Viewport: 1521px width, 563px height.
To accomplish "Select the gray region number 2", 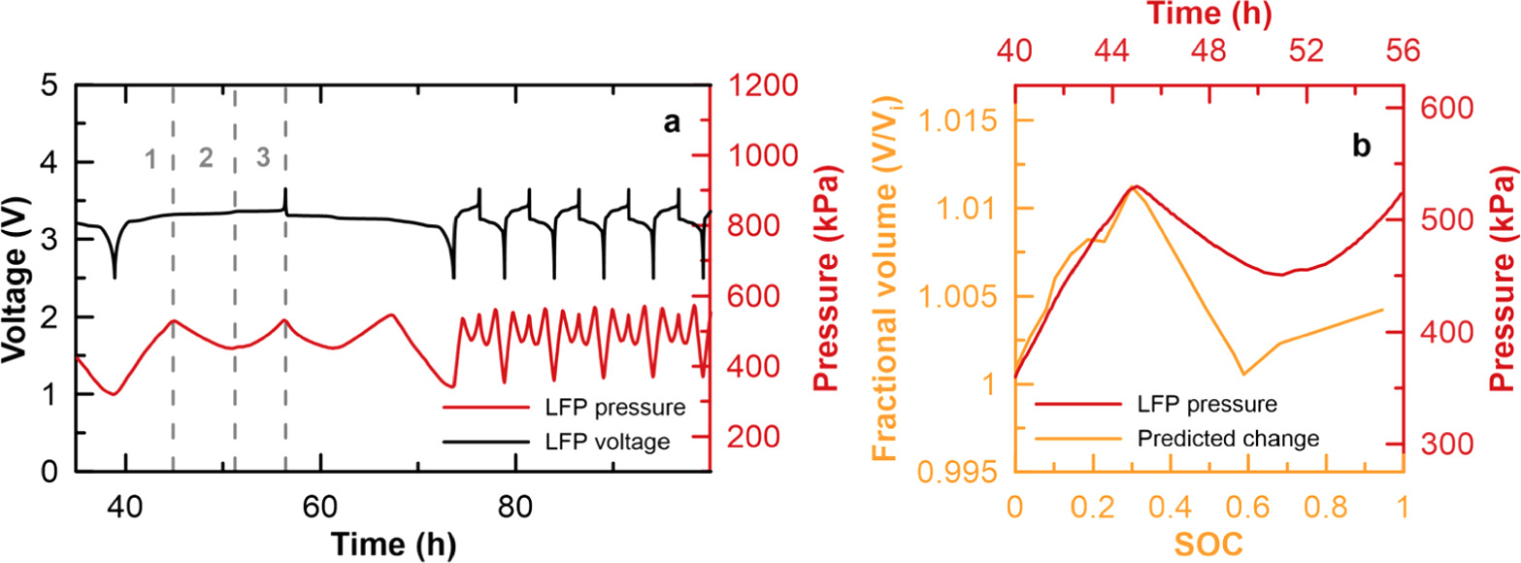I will (206, 158).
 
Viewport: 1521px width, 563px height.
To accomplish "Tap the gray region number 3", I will (262, 158).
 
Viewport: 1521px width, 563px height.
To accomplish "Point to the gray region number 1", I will (149, 158).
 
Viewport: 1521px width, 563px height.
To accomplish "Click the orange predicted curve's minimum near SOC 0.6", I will (1243, 401).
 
